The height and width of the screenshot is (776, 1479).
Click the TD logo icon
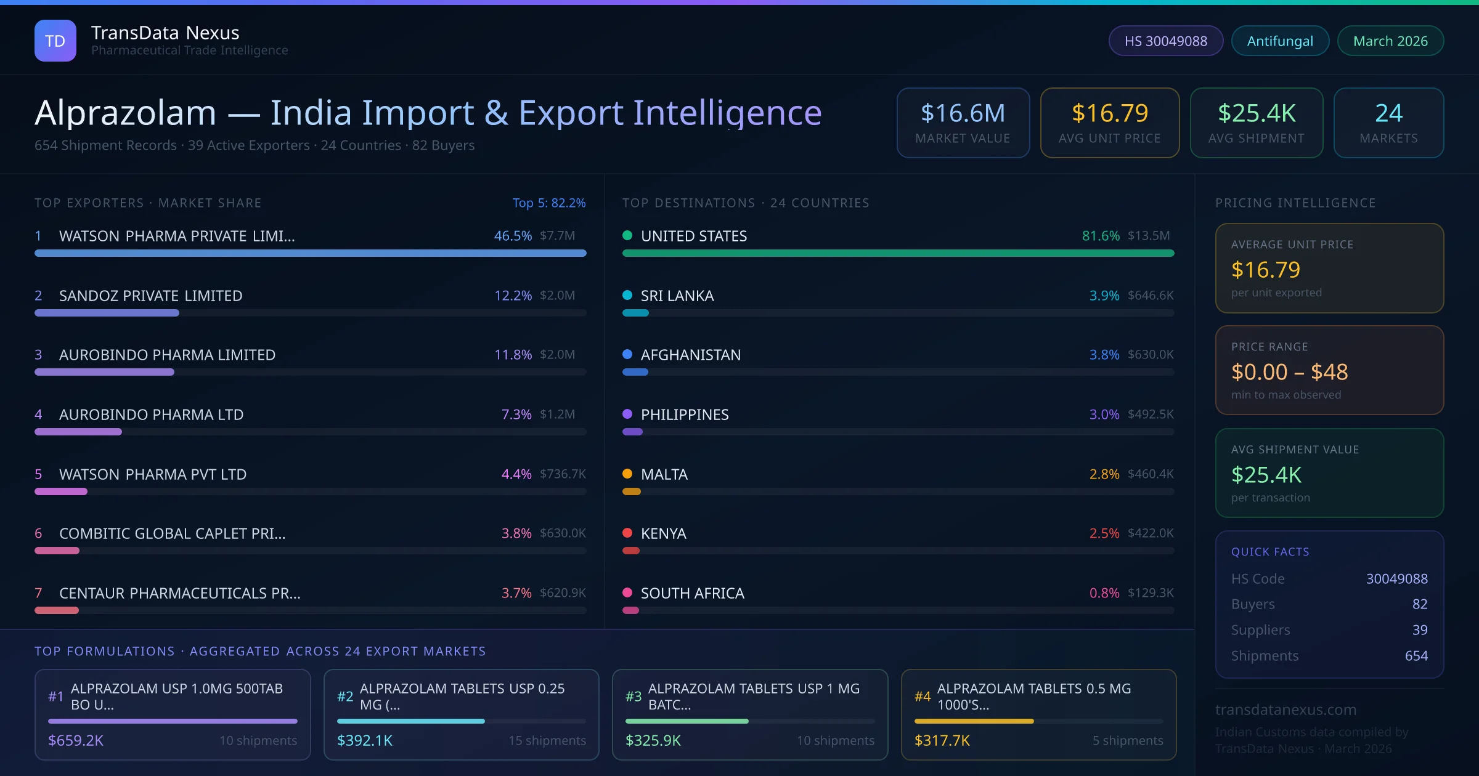[55, 41]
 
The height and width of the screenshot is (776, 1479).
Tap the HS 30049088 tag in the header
[1165, 41]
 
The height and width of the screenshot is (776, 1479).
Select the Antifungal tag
[1280, 41]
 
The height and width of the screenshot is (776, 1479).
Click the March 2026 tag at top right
[1390, 41]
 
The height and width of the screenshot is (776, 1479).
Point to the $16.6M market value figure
[963, 113]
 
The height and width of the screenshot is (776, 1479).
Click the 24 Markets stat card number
[1388, 113]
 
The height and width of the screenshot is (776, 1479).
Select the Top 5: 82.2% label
[548, 203]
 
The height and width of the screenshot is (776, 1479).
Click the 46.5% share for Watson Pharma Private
[512, 236]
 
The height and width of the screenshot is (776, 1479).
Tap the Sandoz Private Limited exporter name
[150, 296]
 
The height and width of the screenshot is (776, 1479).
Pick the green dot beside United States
[627, 235]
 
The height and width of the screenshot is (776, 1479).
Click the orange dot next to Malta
[627, 474]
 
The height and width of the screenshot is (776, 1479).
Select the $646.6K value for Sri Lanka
[1150, 296]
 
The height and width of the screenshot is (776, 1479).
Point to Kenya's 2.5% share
[1104, 533]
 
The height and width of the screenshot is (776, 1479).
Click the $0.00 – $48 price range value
[1289, 372]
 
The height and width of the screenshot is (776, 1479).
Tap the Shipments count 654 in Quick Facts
[1416, 656]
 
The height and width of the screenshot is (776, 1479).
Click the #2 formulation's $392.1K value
[365, 740]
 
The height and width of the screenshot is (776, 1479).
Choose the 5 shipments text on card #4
[1127, 740]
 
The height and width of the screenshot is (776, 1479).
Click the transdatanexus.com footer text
[1285, 709]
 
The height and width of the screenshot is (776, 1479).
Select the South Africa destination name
[692, 593]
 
